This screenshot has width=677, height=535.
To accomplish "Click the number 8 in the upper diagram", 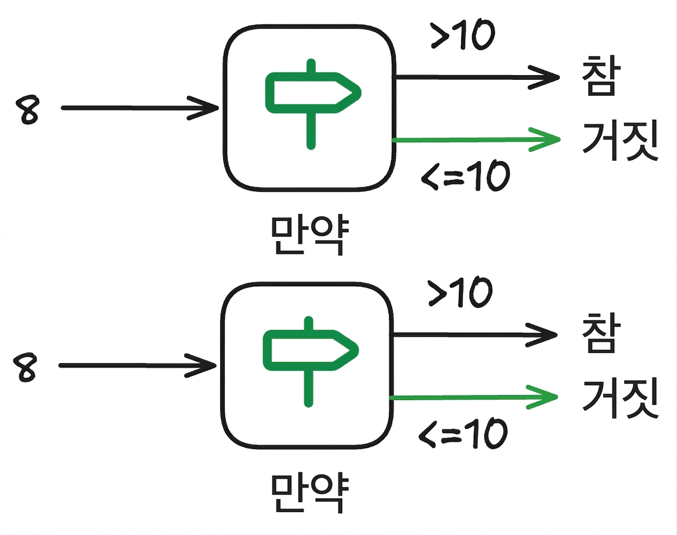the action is [x=27, y=110].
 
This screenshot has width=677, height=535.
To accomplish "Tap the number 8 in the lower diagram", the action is [x=25, y=367].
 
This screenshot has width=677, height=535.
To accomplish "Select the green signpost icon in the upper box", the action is [x=312, y=104].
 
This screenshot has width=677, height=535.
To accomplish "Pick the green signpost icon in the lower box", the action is [x=310, y=361].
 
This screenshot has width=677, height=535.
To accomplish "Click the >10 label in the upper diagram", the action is [x=463, y=35].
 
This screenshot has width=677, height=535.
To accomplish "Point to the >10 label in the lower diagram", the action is [x=460, y=292].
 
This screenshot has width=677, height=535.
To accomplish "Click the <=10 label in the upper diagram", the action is [x=466, y=175].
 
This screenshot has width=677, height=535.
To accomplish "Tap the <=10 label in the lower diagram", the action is [x=463, y=433].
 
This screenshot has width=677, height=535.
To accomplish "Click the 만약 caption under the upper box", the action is [x=309, y=235].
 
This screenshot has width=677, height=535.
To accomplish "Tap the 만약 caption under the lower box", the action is [x=309, y=492].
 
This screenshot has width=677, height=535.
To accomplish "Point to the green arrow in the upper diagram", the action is [x=476, y=140].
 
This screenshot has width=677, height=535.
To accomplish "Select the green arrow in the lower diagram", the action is [x=474, y=397].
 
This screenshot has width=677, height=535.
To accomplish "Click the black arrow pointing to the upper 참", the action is [x=477, y=77].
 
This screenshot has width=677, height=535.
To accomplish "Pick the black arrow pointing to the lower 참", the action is [x=474, y=335].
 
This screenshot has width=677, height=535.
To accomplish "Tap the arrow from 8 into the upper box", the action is [x=140, y=108].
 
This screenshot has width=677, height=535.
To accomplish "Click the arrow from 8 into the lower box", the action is [x=137, y=366].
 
